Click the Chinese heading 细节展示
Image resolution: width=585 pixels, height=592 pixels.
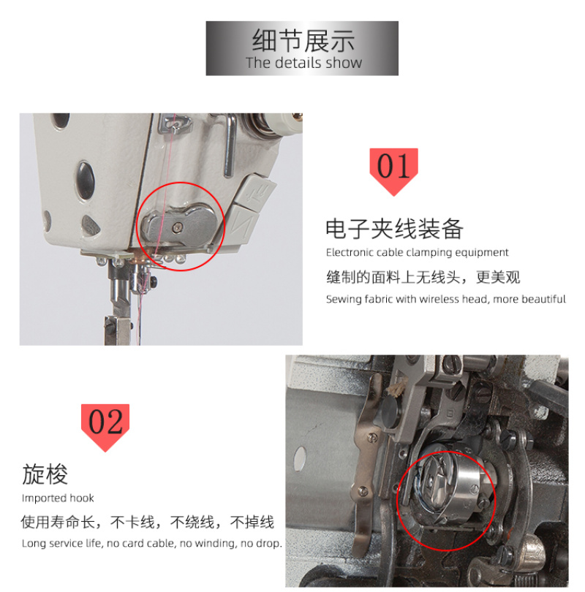coord(303,40)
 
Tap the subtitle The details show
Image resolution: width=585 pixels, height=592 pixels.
coord(303,63)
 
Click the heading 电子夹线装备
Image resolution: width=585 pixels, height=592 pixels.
coord(394,229)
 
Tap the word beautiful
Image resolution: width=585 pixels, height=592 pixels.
coord(544,299)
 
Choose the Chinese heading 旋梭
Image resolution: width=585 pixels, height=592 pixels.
coord(45,474)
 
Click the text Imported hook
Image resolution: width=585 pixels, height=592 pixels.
coord(58,498)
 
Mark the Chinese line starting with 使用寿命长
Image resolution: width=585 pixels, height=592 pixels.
coord(147,522)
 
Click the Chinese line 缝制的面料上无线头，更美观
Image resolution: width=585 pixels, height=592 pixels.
coord(423,277)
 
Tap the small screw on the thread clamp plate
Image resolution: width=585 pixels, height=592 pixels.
coord(177,227)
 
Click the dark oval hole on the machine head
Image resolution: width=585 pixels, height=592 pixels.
coord(86,180)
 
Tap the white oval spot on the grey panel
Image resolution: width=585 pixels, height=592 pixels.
coord(300,459)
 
